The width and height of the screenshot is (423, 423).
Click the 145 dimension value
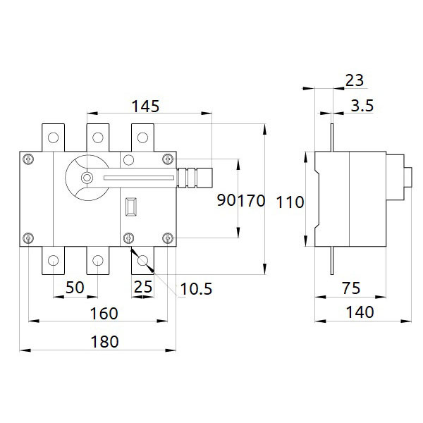[x=145, y=106]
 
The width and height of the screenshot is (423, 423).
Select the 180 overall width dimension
[x=104, y=342]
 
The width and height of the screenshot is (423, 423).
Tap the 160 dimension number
[x=104, y=314]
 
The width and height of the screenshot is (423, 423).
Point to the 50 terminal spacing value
[x=75, y=288]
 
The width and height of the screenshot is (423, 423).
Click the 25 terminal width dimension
[x=143, y=287]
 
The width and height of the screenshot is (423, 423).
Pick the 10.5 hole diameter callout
[x=196, y=289]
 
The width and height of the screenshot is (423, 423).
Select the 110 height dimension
[x=290, y=202]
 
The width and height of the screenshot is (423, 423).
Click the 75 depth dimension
[x=351, y=288]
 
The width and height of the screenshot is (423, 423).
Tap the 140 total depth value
[x=360, y=312]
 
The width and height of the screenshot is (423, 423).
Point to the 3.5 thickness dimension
[x=362, y=106]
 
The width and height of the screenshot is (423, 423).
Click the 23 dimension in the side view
[x=355, y=80]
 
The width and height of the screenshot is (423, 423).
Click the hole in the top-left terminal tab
[x=53, y=137]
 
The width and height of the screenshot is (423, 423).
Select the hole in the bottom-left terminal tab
[x=53, y=261]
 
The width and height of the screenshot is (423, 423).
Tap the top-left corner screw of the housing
[x=28, y=159]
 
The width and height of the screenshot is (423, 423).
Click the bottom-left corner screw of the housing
[x=28, y=238]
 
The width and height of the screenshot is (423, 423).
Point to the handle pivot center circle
[x=87, y=178]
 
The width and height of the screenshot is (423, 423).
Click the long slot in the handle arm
[x=139, y=178]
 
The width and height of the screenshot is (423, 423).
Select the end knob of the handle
[x=204, y=178]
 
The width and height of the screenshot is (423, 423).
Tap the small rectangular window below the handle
[x=131, y=207]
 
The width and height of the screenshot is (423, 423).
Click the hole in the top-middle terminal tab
[x=98, y=137]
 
